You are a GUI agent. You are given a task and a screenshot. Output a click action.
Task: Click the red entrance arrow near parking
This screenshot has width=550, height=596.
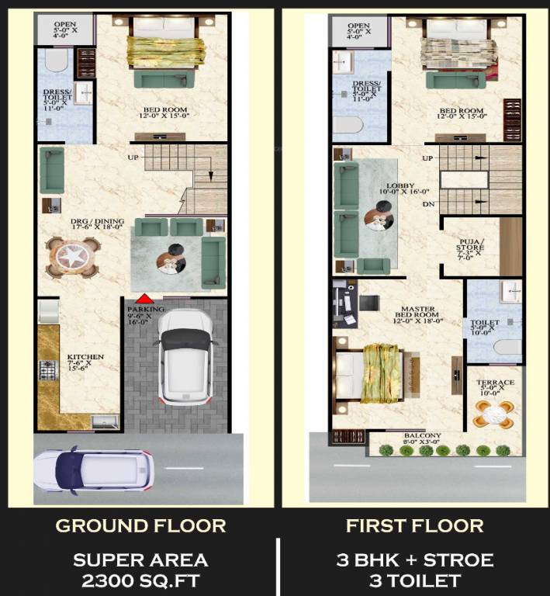pyautogui.click(x=144, y=299)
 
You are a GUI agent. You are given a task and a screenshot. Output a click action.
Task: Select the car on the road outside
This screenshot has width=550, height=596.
pyautogui.click(x=93, y=469)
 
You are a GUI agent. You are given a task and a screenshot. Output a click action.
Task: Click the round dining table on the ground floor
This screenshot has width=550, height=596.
pyautogui.click(x=73, y=257)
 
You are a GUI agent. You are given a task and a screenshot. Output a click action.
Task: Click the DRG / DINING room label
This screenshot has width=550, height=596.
pyautogui.click(x=86, y=223)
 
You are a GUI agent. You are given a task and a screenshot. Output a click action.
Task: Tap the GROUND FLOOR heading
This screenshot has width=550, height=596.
pyautogui.click(x=140, y=526)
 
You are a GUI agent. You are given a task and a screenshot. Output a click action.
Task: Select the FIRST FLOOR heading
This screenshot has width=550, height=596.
pyautogui.click(x=414, y=526)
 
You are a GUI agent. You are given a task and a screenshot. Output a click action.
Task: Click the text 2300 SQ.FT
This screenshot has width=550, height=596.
pyautogui.click(x=140, y=580)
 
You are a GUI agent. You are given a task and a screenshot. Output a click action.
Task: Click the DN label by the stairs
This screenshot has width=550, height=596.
pyautogui.click(x=427, y=205)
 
